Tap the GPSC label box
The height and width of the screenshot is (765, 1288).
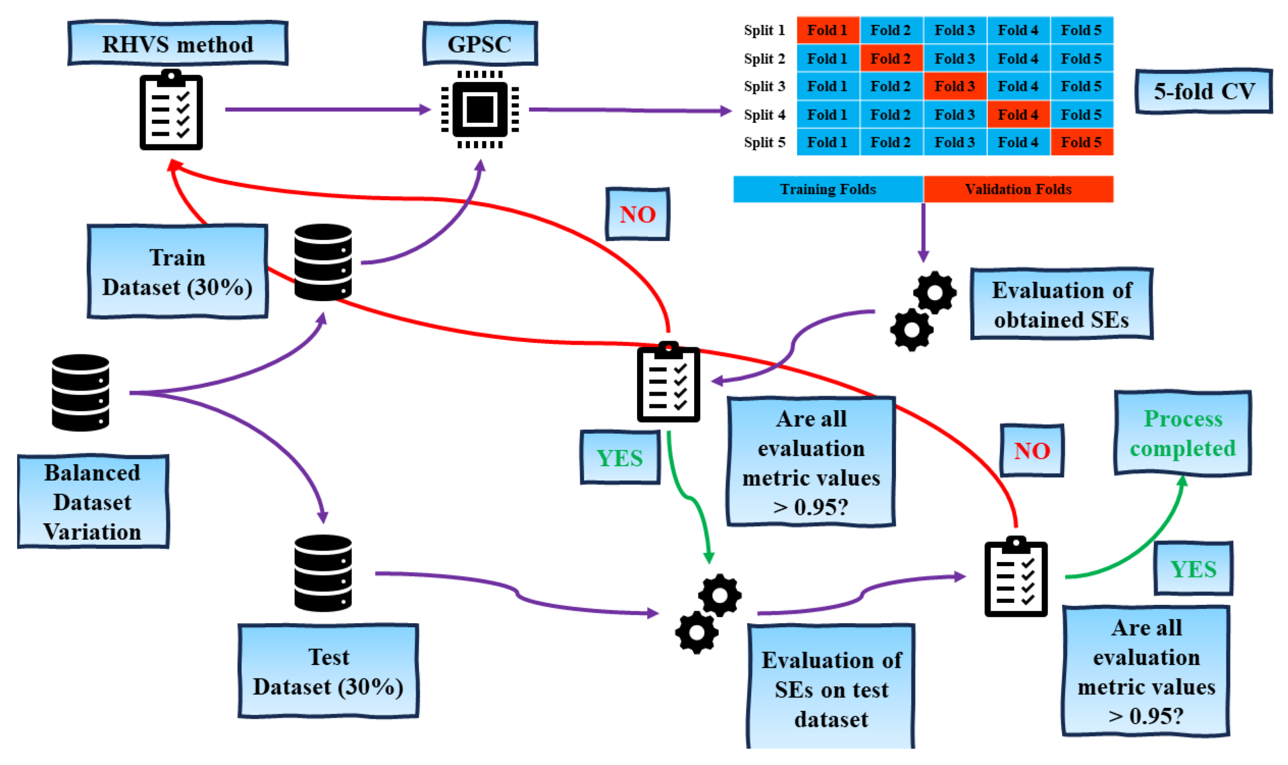(x=480, y=43)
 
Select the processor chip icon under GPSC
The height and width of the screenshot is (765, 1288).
(x=480, y=109)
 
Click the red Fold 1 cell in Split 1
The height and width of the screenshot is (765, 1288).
(x=827, y=30)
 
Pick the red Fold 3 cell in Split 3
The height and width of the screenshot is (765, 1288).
(x=954, y=86)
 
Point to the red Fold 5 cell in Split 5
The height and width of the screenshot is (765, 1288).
(x=1081, y=142)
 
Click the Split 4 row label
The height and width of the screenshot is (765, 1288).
(x=764, y=114)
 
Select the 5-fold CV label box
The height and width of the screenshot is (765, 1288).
(x=1204, y=91)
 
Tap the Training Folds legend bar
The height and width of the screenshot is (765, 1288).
(x=828, y=189)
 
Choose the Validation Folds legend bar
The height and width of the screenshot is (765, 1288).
(x=1018, y=189)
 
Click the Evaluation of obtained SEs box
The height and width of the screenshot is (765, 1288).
(x=1061, y=304)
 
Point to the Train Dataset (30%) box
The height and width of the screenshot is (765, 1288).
(x=177, y=272)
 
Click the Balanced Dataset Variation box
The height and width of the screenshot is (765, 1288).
(x=93, y=502)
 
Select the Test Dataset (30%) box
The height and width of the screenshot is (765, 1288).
(x=328, y=671)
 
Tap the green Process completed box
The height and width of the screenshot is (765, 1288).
(x=1182, y=433)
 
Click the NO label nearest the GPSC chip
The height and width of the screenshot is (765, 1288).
(x=637, y=214)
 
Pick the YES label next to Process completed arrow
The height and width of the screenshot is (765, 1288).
(x=1193, y=569)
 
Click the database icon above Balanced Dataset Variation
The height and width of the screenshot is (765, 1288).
(x=80, y=392)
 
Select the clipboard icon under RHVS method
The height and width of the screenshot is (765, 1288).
(x=171, y=110)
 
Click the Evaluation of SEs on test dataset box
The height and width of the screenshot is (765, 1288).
(x=831, y=688)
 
